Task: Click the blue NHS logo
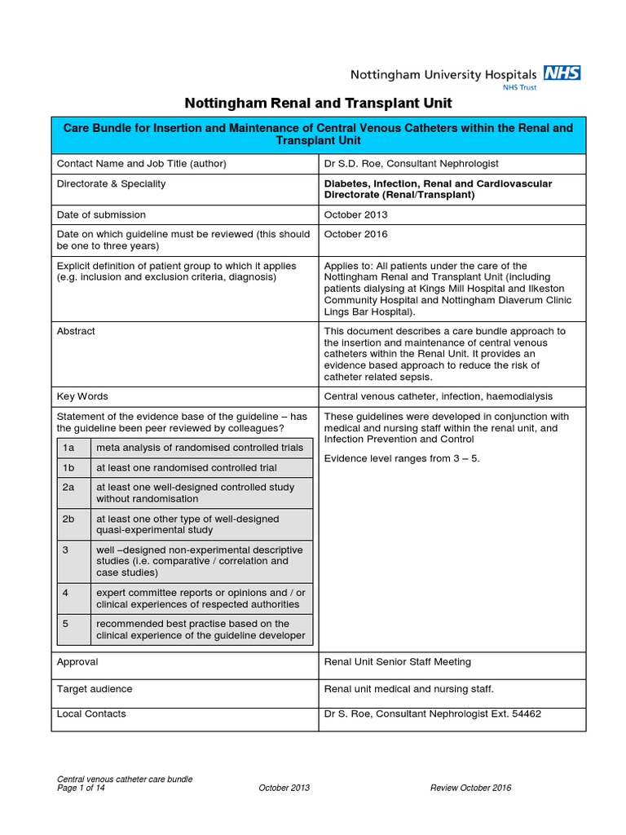[x=562, y=73]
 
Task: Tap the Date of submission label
[x=101, y=214]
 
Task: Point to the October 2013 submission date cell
[x=355, y=214]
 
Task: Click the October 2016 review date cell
[x=355, y=234]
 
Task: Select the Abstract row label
[x=76, y=331]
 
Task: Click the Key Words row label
[x=82, y=396]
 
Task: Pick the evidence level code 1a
[x=68, y=448]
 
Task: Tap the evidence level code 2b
[x=68, y=519]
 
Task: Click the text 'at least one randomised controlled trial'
[x=187, y=468]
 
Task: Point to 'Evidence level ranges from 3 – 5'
[x=402, y=458]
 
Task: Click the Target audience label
[x=94, y=689]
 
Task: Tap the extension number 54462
[x=525, y=714]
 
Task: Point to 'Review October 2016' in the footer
[x=471, y=788]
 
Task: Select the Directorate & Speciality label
[x=111, y=183]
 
